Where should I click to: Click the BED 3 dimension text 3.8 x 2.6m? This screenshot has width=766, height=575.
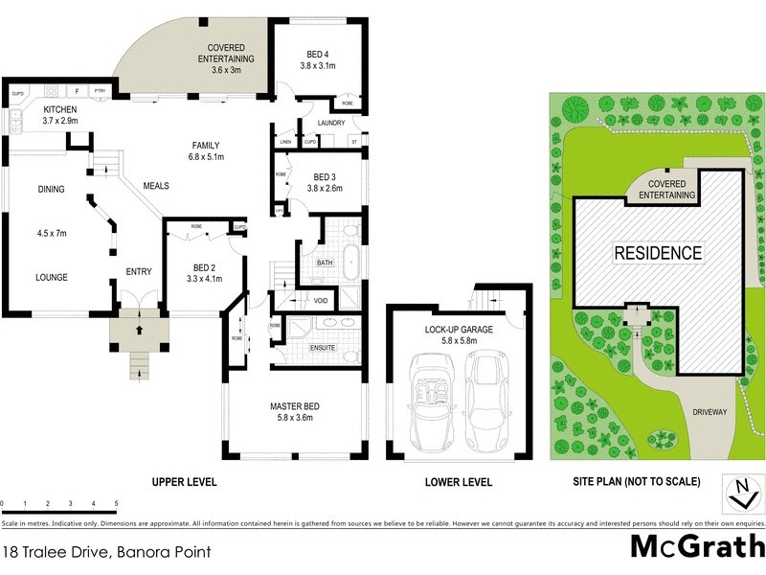pyautogui.click(x=327, y=189)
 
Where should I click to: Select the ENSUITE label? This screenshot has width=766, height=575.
pyautogui.click(x=321, y=347)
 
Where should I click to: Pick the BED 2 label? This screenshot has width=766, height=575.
pyautogui.click(x=203, y=266)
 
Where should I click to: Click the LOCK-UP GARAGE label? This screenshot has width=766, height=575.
pyautogui.click(x=458, y=329)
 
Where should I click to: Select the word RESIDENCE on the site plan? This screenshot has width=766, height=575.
pyautogui.click(x=657, y=254)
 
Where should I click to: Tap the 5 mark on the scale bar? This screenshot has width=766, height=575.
pyautogui.click(x=116, y=503)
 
